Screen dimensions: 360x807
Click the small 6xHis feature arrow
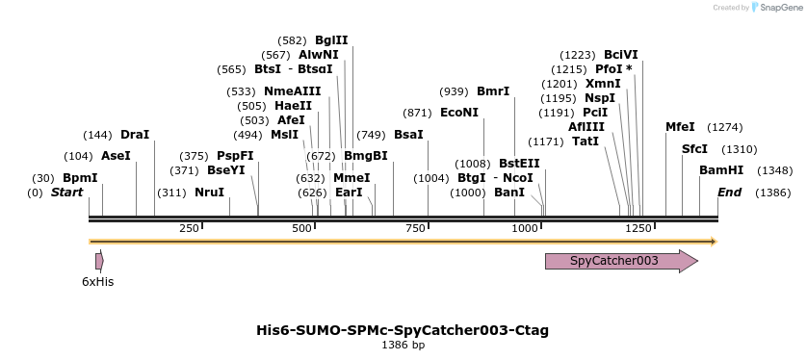tap(99, 261)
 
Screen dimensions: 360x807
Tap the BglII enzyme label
tap(331, 40)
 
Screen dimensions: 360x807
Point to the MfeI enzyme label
tap(680, 127)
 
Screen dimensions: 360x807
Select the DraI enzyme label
tap(135, 135)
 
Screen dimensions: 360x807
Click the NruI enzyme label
tap(209, 193)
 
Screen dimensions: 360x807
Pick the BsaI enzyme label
tap(408, 135)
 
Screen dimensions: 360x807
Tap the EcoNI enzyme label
tap(459, 113)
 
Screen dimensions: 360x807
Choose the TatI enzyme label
tap(586, 141)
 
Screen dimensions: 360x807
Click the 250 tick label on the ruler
tap(189, 228)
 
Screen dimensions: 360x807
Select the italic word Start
tap(66, 193)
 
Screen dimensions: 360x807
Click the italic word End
tap(730, 193)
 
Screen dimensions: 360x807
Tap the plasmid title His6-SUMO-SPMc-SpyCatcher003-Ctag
tap(403, 330)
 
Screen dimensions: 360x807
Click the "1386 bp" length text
tap(403, 345)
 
